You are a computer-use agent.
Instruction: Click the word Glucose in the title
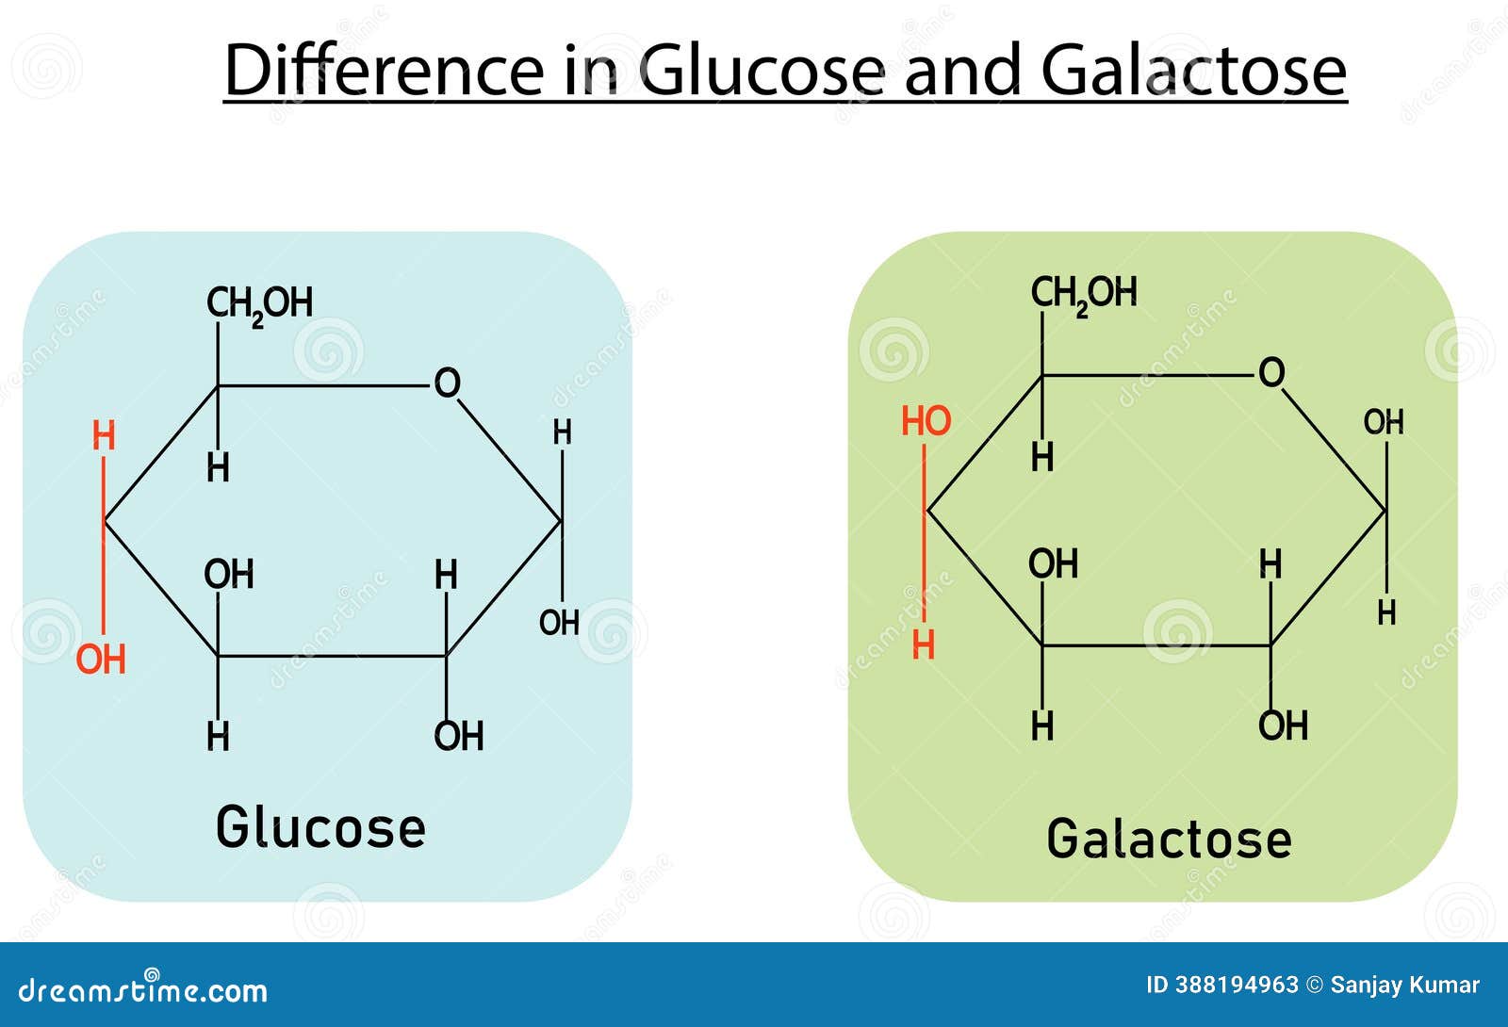[762, 72]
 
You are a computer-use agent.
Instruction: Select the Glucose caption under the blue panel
[320, 828]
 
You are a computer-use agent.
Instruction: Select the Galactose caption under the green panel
[1169, 839]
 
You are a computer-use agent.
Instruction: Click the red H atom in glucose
[104, 436]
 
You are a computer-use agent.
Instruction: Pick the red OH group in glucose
[101, 660]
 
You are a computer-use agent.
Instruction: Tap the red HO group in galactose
[926, 421]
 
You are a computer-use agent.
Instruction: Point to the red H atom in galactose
[924, 645]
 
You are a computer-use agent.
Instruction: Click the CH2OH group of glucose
[259, 304]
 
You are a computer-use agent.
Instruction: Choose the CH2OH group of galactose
[1084, 294]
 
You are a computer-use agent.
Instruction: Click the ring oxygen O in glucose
[447, 383]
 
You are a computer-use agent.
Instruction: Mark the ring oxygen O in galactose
[1271, 373]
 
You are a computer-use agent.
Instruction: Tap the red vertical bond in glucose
[104, 546]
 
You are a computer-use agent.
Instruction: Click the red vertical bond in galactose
[925, 532]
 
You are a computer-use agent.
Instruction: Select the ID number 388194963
[1236, 986]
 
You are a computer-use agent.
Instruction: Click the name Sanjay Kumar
[1404, 986]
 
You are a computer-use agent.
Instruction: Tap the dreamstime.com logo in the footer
[143, 989]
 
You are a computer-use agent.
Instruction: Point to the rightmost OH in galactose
[1384, 422]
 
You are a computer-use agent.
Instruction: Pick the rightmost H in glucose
[562, 432]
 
